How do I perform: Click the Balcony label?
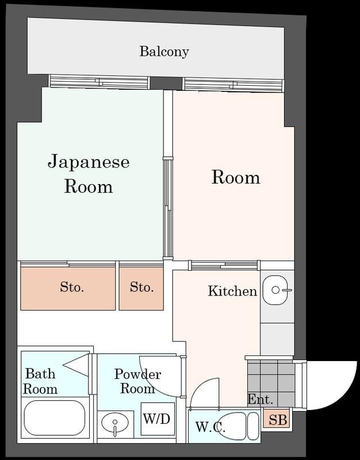click(x=164, y=51)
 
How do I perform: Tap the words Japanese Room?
click(x=88, y=173)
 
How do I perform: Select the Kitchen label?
click(x=232, y=291)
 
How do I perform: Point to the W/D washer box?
click(x=157, y=419)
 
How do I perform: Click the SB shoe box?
click(x=277, y=420)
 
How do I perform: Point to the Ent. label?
click(x=260, y=399)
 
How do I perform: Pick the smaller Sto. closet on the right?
click(x=141, y=287)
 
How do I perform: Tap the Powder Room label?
click(x=137, y=381)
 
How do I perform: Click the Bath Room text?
click(x=40, y=381)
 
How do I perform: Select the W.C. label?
click(x=210, y=427)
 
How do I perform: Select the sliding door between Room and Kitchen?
click(x=223, y=265)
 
